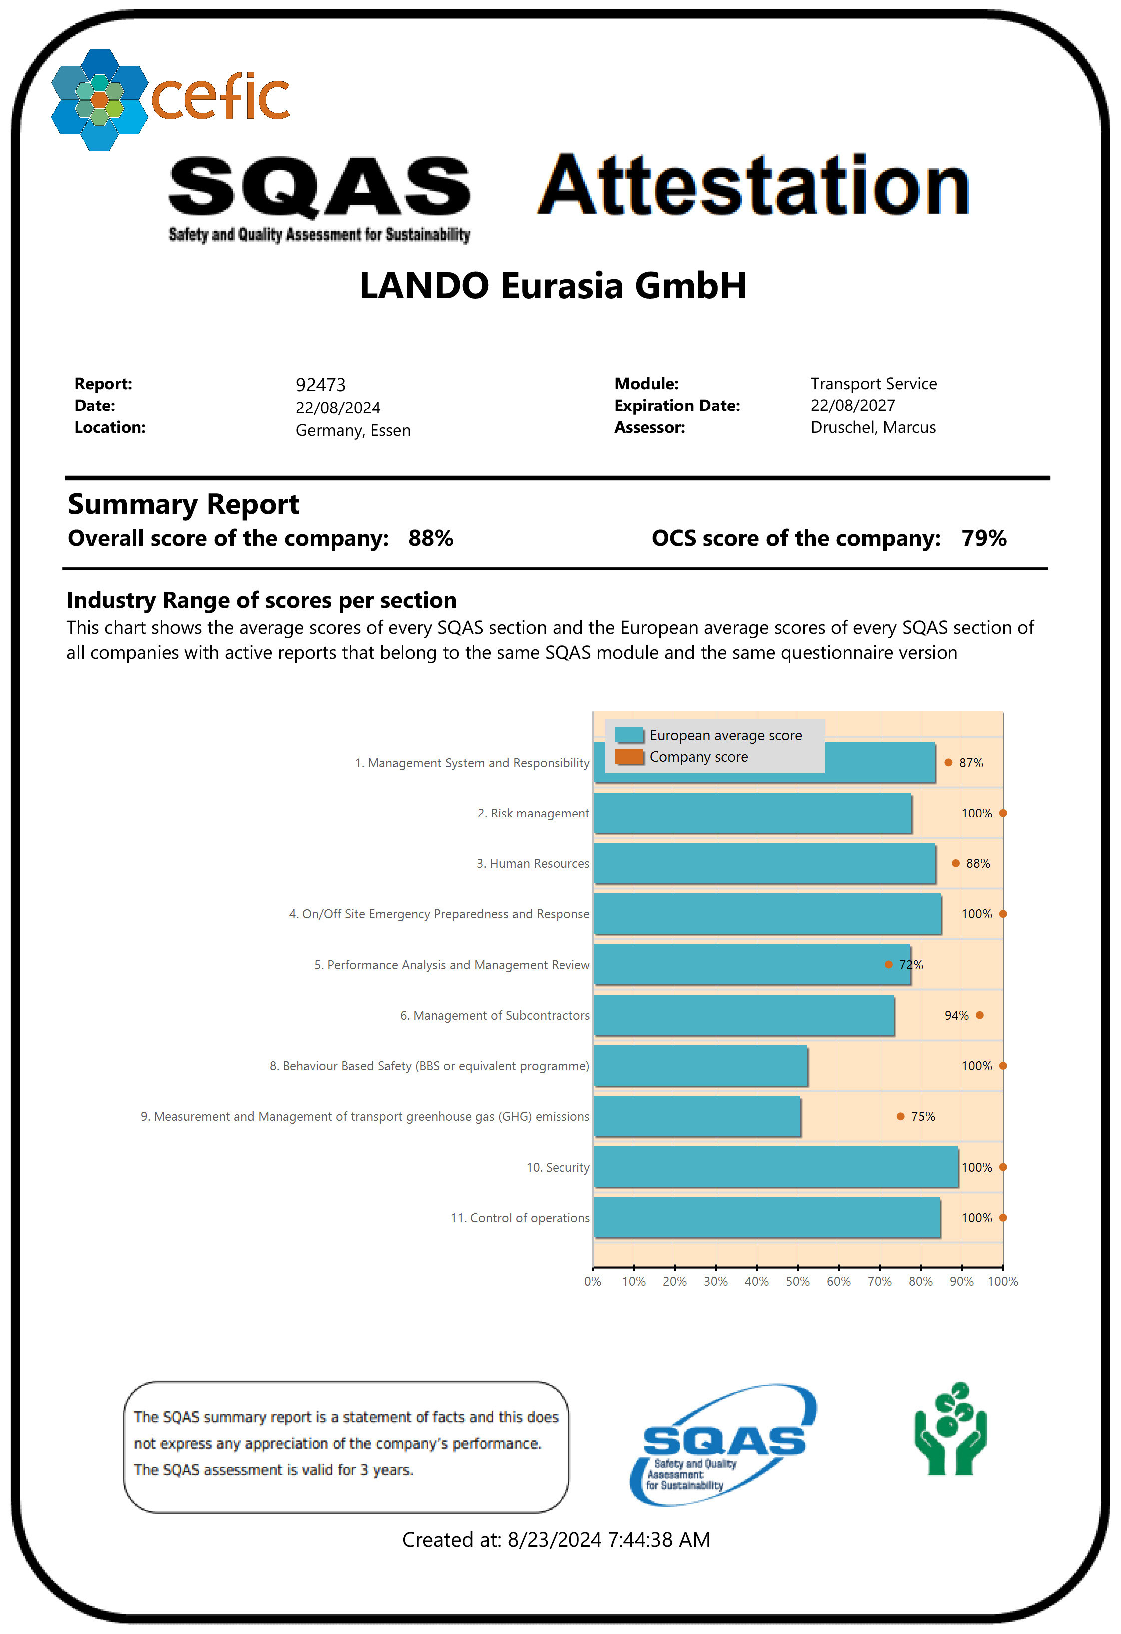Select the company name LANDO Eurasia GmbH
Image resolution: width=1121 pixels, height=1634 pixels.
[553, 286]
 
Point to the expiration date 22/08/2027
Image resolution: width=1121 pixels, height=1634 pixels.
[852, 406]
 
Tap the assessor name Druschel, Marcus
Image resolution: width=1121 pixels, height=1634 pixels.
[873, 427]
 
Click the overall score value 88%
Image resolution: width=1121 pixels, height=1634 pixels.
[431, 538]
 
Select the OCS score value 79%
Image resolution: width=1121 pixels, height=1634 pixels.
[983, 538]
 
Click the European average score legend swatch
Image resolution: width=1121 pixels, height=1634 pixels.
[629, 735]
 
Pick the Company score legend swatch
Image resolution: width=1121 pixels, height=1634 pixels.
[629, 757]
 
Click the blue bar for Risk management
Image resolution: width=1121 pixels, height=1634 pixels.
[752, 813]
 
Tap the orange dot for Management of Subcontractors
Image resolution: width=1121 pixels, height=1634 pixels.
[980, 1015]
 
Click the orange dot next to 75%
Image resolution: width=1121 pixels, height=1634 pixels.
[900, 1117]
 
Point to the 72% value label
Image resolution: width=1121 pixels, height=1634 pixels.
[911, 965]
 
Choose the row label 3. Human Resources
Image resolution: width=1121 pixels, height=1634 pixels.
[533, 863]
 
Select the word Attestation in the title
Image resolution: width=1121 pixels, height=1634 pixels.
[753, 186]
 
